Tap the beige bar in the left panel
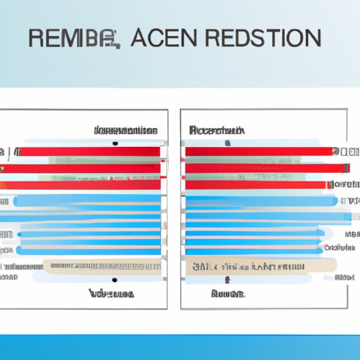pyautogui.click(x=102, y=266)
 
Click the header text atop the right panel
pyautogui.click(x=217, y=130)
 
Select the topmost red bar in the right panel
pyautogui.click(x=259, y=151)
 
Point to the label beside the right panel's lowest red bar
pyautogui.click(x=342, y=184)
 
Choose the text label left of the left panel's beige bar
pyautogui.click(x=21, y=266)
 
